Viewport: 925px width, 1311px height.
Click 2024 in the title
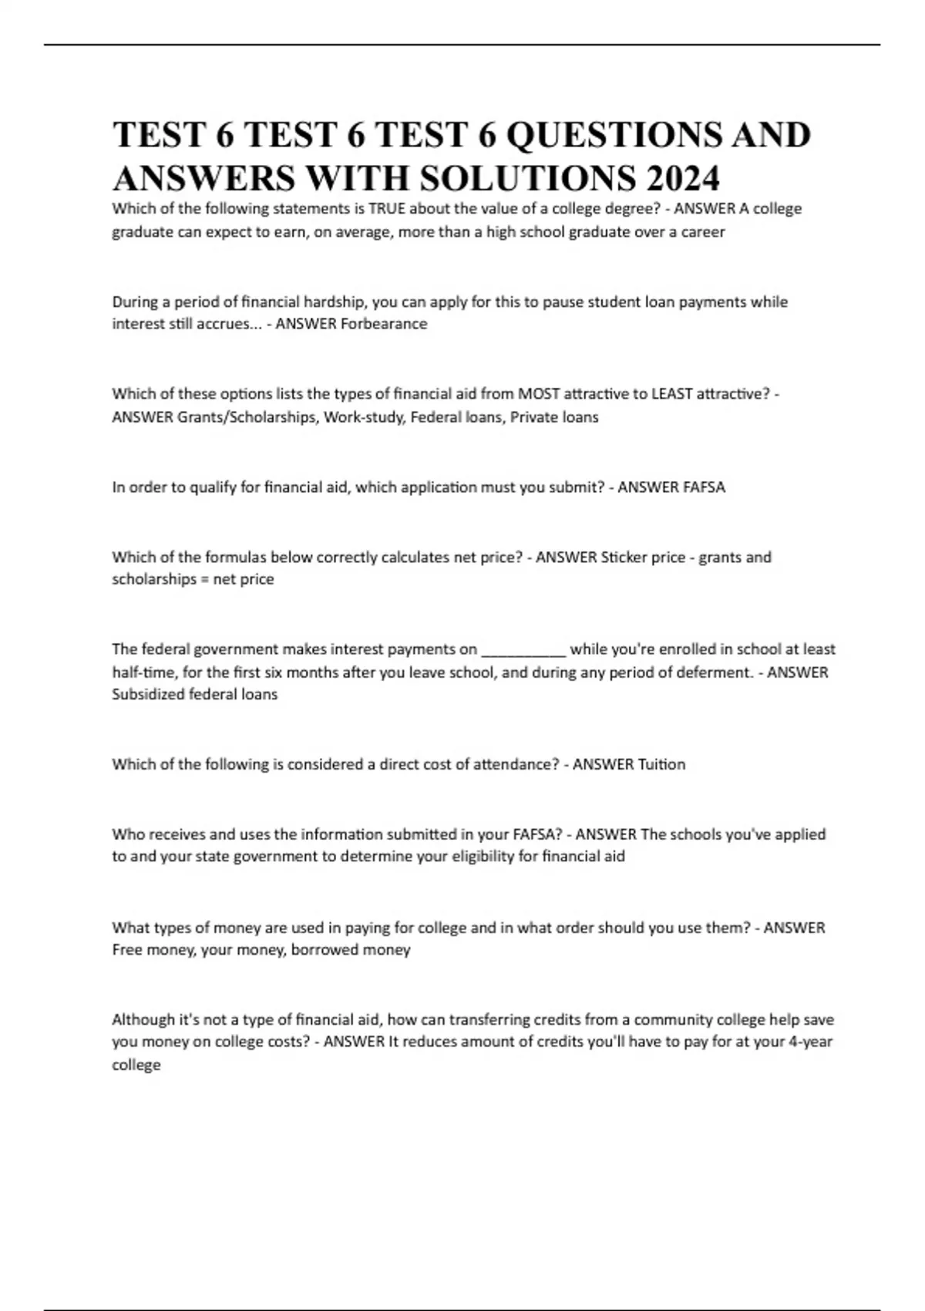click(683, 178)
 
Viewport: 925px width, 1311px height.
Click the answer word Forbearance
click(384, 324)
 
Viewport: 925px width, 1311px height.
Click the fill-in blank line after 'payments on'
click(523, 650)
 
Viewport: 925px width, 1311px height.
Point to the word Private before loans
click(532, 417)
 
